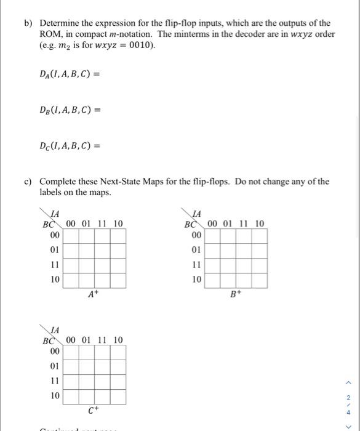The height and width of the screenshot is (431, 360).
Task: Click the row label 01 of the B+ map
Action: coord(196,250)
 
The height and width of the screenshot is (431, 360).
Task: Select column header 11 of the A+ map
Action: coord(101,224)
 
